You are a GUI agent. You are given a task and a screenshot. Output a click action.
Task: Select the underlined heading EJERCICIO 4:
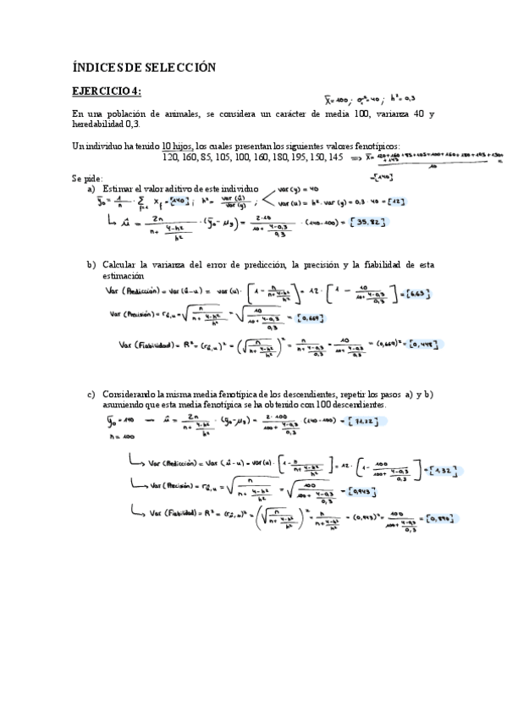click(x=107, y=91)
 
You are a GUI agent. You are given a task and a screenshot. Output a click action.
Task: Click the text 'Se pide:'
click(x=87, y=179)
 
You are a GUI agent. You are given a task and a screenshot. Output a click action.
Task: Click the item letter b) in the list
click(x=91, y=265)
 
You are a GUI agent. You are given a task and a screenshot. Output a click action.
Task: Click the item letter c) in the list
click(x=91, y=395)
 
